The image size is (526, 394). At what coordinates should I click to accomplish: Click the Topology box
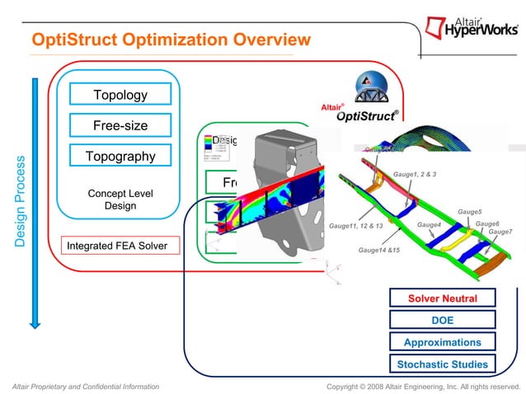120,95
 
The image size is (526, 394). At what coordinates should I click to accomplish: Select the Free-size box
120,125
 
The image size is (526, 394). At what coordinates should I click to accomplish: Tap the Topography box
120,156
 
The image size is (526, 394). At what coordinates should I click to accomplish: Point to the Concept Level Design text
120,199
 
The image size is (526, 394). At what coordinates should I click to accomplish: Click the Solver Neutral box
442,298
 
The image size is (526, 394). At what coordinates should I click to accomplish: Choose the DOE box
442,320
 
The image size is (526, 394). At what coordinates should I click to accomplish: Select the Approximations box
442,342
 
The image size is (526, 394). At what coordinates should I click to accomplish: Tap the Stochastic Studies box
442,364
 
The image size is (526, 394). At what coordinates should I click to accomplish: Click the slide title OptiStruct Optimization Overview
171,40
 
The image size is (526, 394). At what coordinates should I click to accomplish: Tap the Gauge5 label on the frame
469,212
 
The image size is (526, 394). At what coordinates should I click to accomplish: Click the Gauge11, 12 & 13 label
356,225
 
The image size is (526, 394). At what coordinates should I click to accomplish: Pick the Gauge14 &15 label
378,249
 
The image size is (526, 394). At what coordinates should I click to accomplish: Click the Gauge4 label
429,225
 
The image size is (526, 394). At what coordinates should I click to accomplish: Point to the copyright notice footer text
423,386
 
